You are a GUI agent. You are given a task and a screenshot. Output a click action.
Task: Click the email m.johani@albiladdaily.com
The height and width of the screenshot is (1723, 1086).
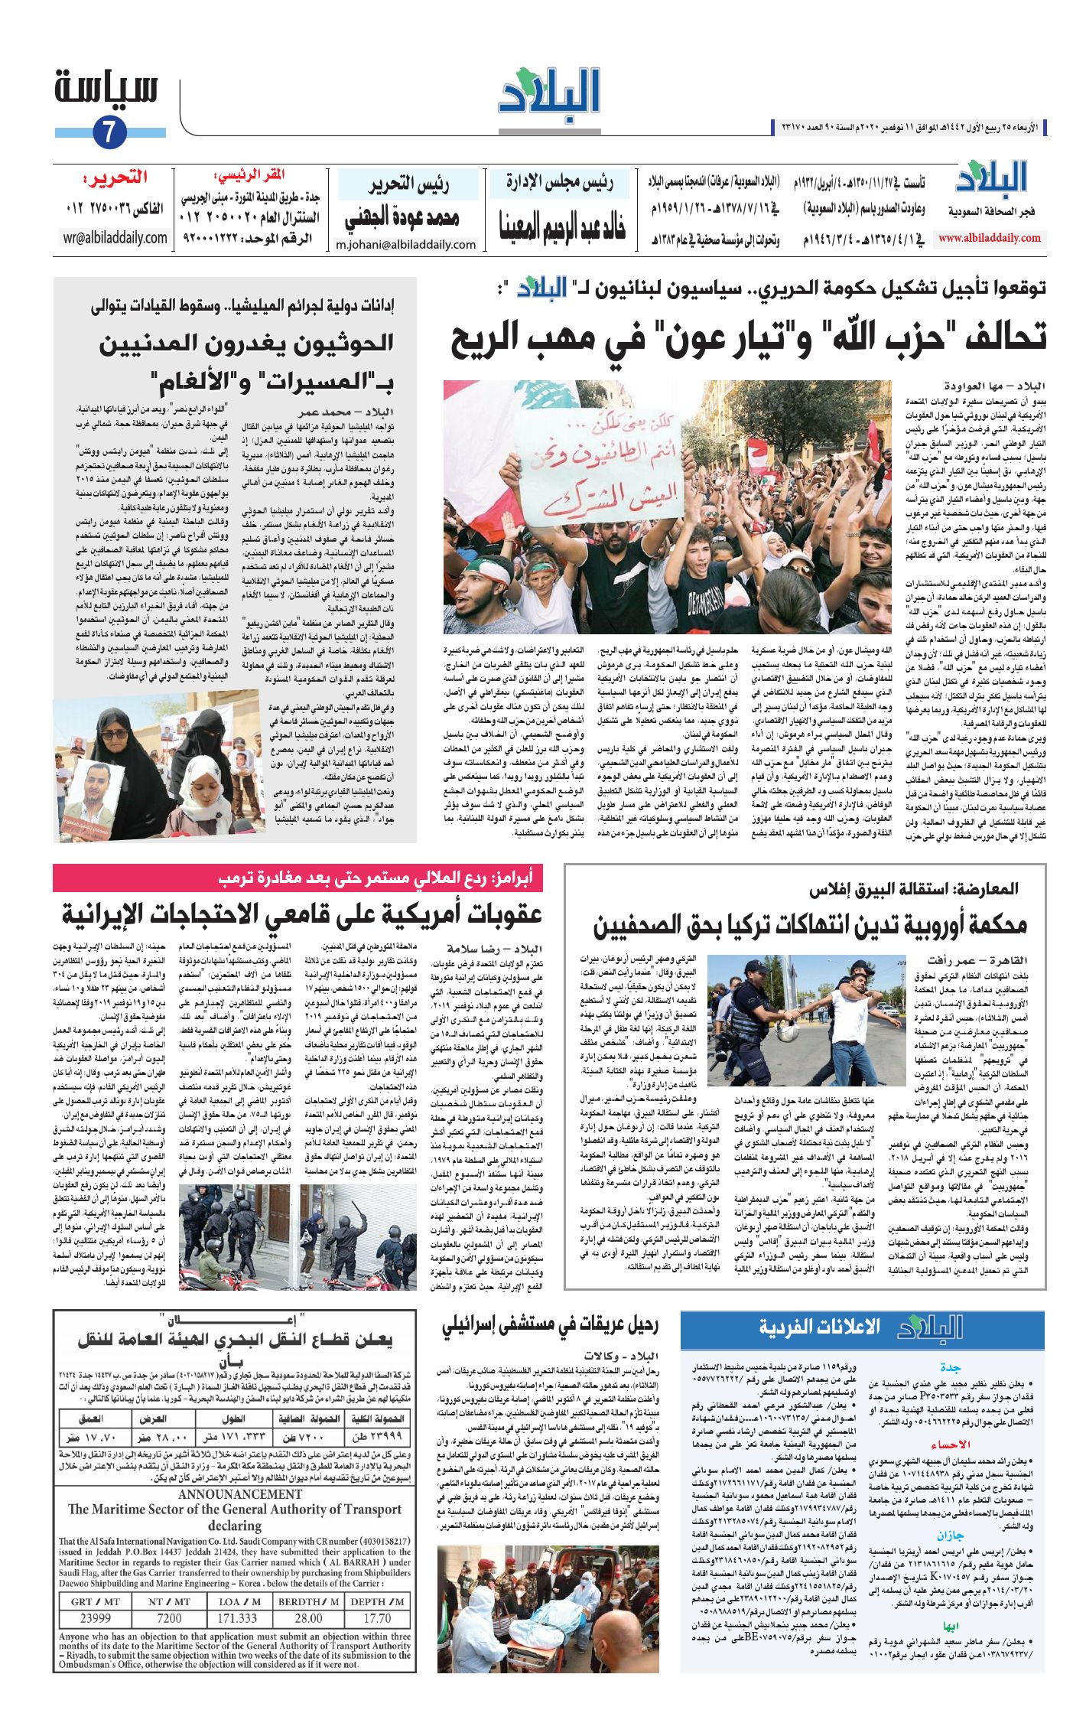point(405,245)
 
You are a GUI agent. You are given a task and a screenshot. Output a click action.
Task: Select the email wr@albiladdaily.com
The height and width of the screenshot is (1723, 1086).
point(115,237)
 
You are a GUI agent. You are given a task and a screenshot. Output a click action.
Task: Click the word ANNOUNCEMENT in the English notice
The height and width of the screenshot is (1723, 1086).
point(240,1494)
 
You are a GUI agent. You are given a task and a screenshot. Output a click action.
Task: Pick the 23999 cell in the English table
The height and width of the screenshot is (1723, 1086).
point(96,1618)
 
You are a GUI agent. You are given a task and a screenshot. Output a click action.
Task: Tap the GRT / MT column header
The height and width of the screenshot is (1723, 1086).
point(96,1601)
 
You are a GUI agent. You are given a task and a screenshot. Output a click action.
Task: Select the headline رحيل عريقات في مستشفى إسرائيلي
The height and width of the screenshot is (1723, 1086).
point(550,1326)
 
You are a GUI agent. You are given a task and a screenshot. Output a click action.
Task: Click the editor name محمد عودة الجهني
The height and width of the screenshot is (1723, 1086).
point(403,219)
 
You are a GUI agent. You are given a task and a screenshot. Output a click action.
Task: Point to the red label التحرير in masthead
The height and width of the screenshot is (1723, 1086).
point(116,178)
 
